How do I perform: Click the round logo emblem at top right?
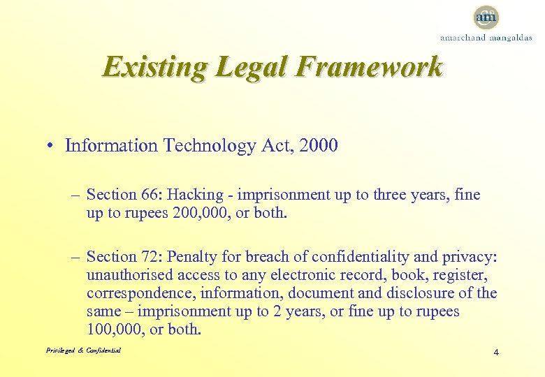486,16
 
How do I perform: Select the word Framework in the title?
370,67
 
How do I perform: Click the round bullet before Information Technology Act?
52,146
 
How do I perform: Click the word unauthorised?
127,275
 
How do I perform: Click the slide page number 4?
495,352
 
